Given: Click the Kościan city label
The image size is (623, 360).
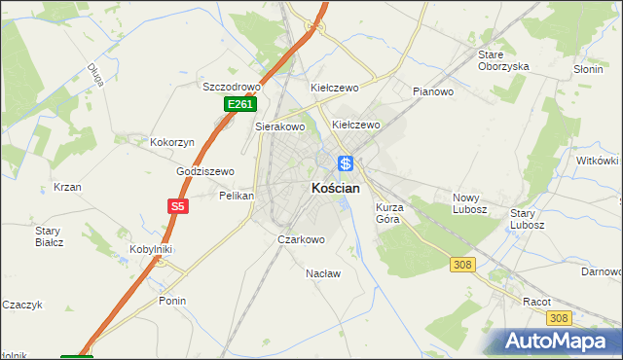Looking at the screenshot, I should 336,188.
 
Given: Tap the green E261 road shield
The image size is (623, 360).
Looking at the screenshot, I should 240,104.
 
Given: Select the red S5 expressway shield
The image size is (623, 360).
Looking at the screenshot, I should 176,206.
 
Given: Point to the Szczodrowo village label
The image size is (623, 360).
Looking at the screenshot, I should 227,87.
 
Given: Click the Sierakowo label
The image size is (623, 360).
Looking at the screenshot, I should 280,126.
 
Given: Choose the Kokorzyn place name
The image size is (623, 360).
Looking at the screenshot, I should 172,142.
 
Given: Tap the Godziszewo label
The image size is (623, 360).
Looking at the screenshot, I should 205,171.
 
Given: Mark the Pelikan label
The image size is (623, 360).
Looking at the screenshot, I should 237,196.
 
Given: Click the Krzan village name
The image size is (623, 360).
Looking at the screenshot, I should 67,187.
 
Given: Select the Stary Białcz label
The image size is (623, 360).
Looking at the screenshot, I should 48,236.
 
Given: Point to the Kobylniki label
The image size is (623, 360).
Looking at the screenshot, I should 151,249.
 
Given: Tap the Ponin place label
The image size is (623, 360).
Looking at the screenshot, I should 172,301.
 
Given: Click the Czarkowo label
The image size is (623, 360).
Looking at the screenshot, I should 301,239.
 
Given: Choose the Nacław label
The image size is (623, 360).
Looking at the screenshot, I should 323,273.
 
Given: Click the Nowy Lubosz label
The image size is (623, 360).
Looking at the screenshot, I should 470,203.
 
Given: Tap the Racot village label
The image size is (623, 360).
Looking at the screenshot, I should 537,302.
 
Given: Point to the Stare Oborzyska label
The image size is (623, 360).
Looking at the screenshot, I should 502,60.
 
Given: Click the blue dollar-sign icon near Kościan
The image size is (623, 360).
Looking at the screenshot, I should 346,163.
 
